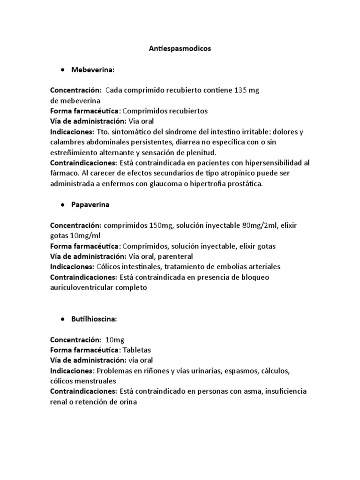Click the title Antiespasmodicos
180,48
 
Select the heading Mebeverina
93,69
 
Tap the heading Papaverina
90,205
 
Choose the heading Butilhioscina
94,319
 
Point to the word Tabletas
137,350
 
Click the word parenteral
176,256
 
